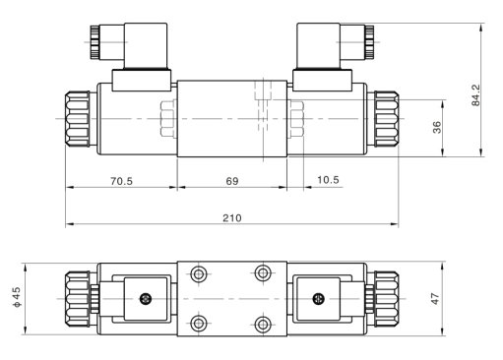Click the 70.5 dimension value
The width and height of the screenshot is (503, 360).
[121, 181]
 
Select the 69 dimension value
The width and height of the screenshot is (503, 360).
[232, 181]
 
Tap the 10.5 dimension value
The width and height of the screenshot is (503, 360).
[328, 180]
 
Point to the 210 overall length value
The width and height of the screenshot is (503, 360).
[232, 218]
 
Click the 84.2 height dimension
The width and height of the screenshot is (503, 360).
[476, 95]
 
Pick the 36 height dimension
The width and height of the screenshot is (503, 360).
[437, 128]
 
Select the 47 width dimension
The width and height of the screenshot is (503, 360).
[435, 299]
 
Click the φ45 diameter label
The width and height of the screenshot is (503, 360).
[17, 297]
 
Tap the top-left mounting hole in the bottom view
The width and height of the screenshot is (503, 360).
[199, 273]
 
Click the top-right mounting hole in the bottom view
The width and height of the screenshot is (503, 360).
[263, 272]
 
